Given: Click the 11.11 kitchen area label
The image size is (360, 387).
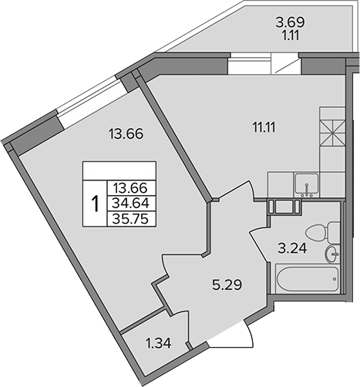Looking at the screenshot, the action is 264,127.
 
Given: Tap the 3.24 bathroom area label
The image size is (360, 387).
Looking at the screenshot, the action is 292,248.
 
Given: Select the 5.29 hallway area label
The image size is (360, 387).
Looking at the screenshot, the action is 227,284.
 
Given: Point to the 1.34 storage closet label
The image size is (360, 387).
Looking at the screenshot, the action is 158,343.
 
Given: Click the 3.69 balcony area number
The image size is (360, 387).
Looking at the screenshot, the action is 291,22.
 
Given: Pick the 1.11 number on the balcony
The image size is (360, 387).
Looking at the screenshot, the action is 291,35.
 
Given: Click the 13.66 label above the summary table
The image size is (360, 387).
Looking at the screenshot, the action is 126,133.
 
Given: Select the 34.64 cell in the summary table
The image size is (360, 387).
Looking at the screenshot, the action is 131,204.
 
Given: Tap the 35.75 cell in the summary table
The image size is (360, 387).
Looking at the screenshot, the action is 131,219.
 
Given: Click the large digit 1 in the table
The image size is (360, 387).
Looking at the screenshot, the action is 96,204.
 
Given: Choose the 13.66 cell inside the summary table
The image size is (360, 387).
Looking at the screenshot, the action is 131,188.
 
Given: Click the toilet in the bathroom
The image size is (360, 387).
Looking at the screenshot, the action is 323,233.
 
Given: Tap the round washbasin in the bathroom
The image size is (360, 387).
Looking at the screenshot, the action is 332,254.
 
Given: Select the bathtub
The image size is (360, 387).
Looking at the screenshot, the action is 308,279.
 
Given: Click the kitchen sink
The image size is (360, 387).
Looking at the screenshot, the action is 307,184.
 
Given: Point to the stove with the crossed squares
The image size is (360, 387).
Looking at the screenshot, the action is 332,133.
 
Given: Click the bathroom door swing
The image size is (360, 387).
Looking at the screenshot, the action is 259,245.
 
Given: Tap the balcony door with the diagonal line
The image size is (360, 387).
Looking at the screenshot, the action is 285,63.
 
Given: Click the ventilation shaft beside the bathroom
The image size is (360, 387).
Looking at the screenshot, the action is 284,207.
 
